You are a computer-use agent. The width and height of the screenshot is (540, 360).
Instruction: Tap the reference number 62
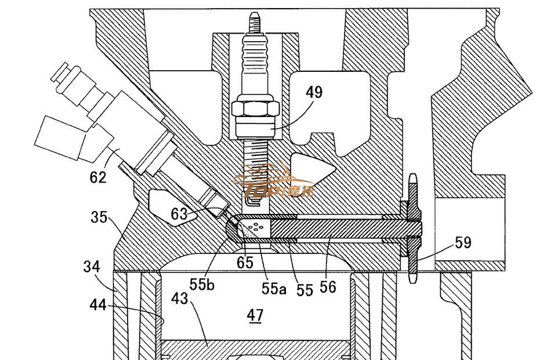click(99, 176)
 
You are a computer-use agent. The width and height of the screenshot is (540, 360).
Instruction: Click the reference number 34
click(91, 267)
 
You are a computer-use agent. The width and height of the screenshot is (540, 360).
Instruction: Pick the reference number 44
click(98, 304)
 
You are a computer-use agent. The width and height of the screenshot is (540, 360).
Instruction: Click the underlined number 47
click(255, 315)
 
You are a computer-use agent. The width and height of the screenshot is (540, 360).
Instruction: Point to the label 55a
click(273, 288)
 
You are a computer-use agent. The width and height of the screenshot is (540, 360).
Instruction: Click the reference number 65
click(245, 263)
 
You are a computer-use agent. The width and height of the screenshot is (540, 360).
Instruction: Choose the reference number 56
click(328, 286)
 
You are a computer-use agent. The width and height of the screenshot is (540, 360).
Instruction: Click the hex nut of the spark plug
click(256, 109)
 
